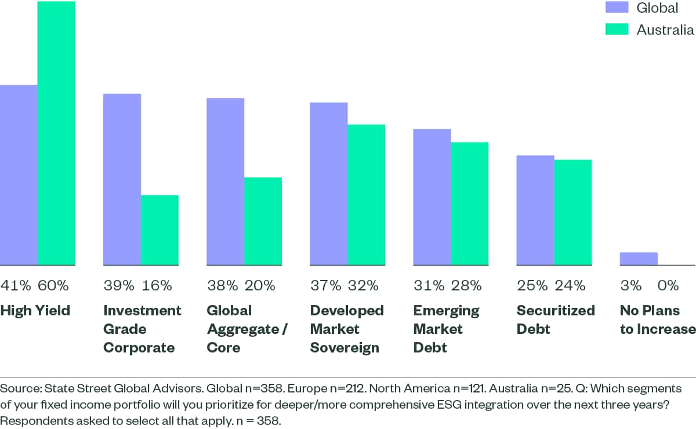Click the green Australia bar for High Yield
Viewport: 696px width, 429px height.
point(56,133)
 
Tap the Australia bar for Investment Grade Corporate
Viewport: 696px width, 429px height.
point(160,230)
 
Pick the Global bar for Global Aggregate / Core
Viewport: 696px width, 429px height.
point(225,181)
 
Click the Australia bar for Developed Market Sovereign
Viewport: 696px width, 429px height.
point(367,195)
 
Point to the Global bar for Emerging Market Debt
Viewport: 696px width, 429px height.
point(432,197)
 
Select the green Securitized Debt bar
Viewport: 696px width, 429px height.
point(573,212)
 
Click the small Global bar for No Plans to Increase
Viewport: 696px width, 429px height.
point(639,259)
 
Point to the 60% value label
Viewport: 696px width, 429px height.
point(53,285)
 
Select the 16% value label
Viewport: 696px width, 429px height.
point(157,285)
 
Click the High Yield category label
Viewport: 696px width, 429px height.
point(35,311)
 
